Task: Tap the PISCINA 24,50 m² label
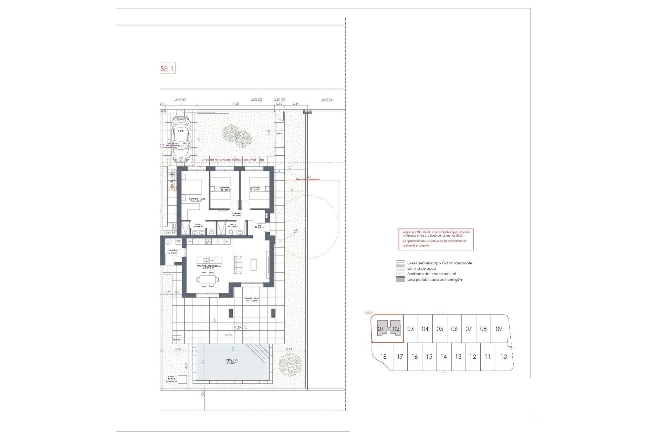pyautogui.click(x=232, y=361)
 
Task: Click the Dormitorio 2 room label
pyautogui.click(x=225, y=189)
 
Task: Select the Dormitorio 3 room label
pyautogui.click(x=255, y=189)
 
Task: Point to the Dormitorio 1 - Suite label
pyautogui.click(x=197, y=200)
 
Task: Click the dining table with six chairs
pyautogui.click(x=208, y=279)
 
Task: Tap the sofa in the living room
pyautogui.click(x=238, y=265)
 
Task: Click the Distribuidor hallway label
pyautogui.click(x=237, y=214)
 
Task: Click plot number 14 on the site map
pyautogui.click(x=443, y=357)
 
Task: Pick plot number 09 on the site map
pyautogui.click(x=499, y=329)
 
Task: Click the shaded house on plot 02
pyautogui.click(x=395, y=329)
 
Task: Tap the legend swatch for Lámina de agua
pyautogui.click(x=400, y=268)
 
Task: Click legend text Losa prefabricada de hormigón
pyautogui.click(x=434, y=280)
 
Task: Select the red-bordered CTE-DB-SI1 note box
pyautogui.click(x=436, y=239)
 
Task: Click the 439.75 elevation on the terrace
pyautogui.click(x=241, y=327)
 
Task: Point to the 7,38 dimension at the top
pyautogui.click(x=235, y=103)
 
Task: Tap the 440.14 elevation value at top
pyautogui.click(x=327, y=100)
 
